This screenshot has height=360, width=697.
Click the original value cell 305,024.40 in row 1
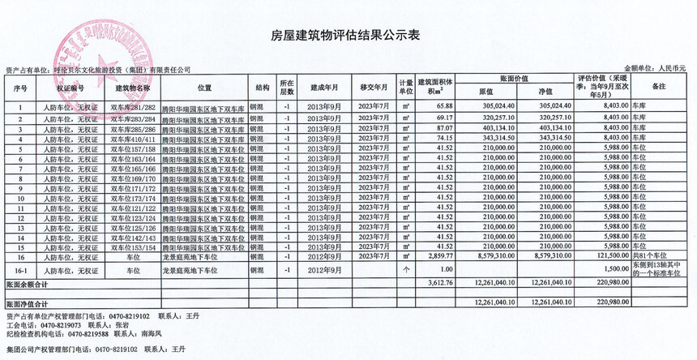point(498,106)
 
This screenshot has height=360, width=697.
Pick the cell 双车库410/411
point(133,139)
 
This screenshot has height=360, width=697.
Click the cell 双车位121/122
point(133,208)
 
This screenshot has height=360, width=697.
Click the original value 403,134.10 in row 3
point(498,128)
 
